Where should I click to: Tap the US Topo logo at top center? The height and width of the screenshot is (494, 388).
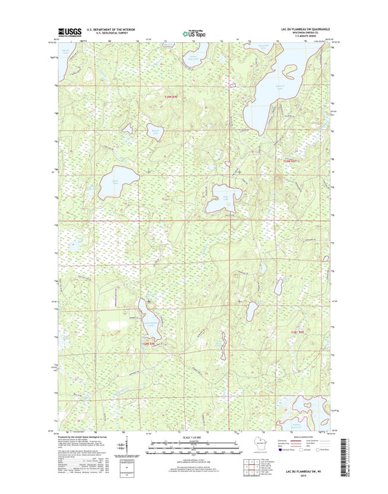point(194,32)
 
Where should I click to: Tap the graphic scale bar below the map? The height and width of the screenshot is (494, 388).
point(194,447)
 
